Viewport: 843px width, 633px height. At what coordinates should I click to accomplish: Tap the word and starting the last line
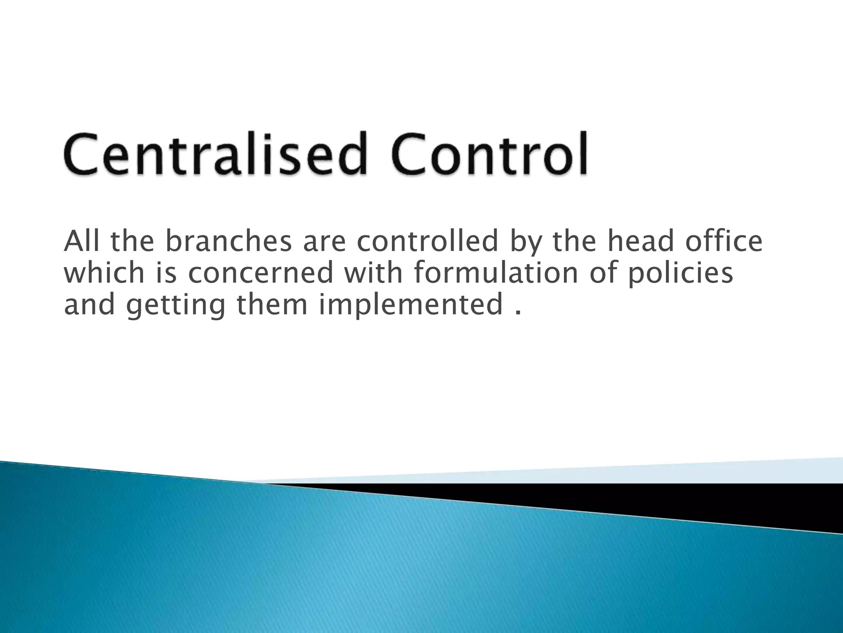point(89,304)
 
